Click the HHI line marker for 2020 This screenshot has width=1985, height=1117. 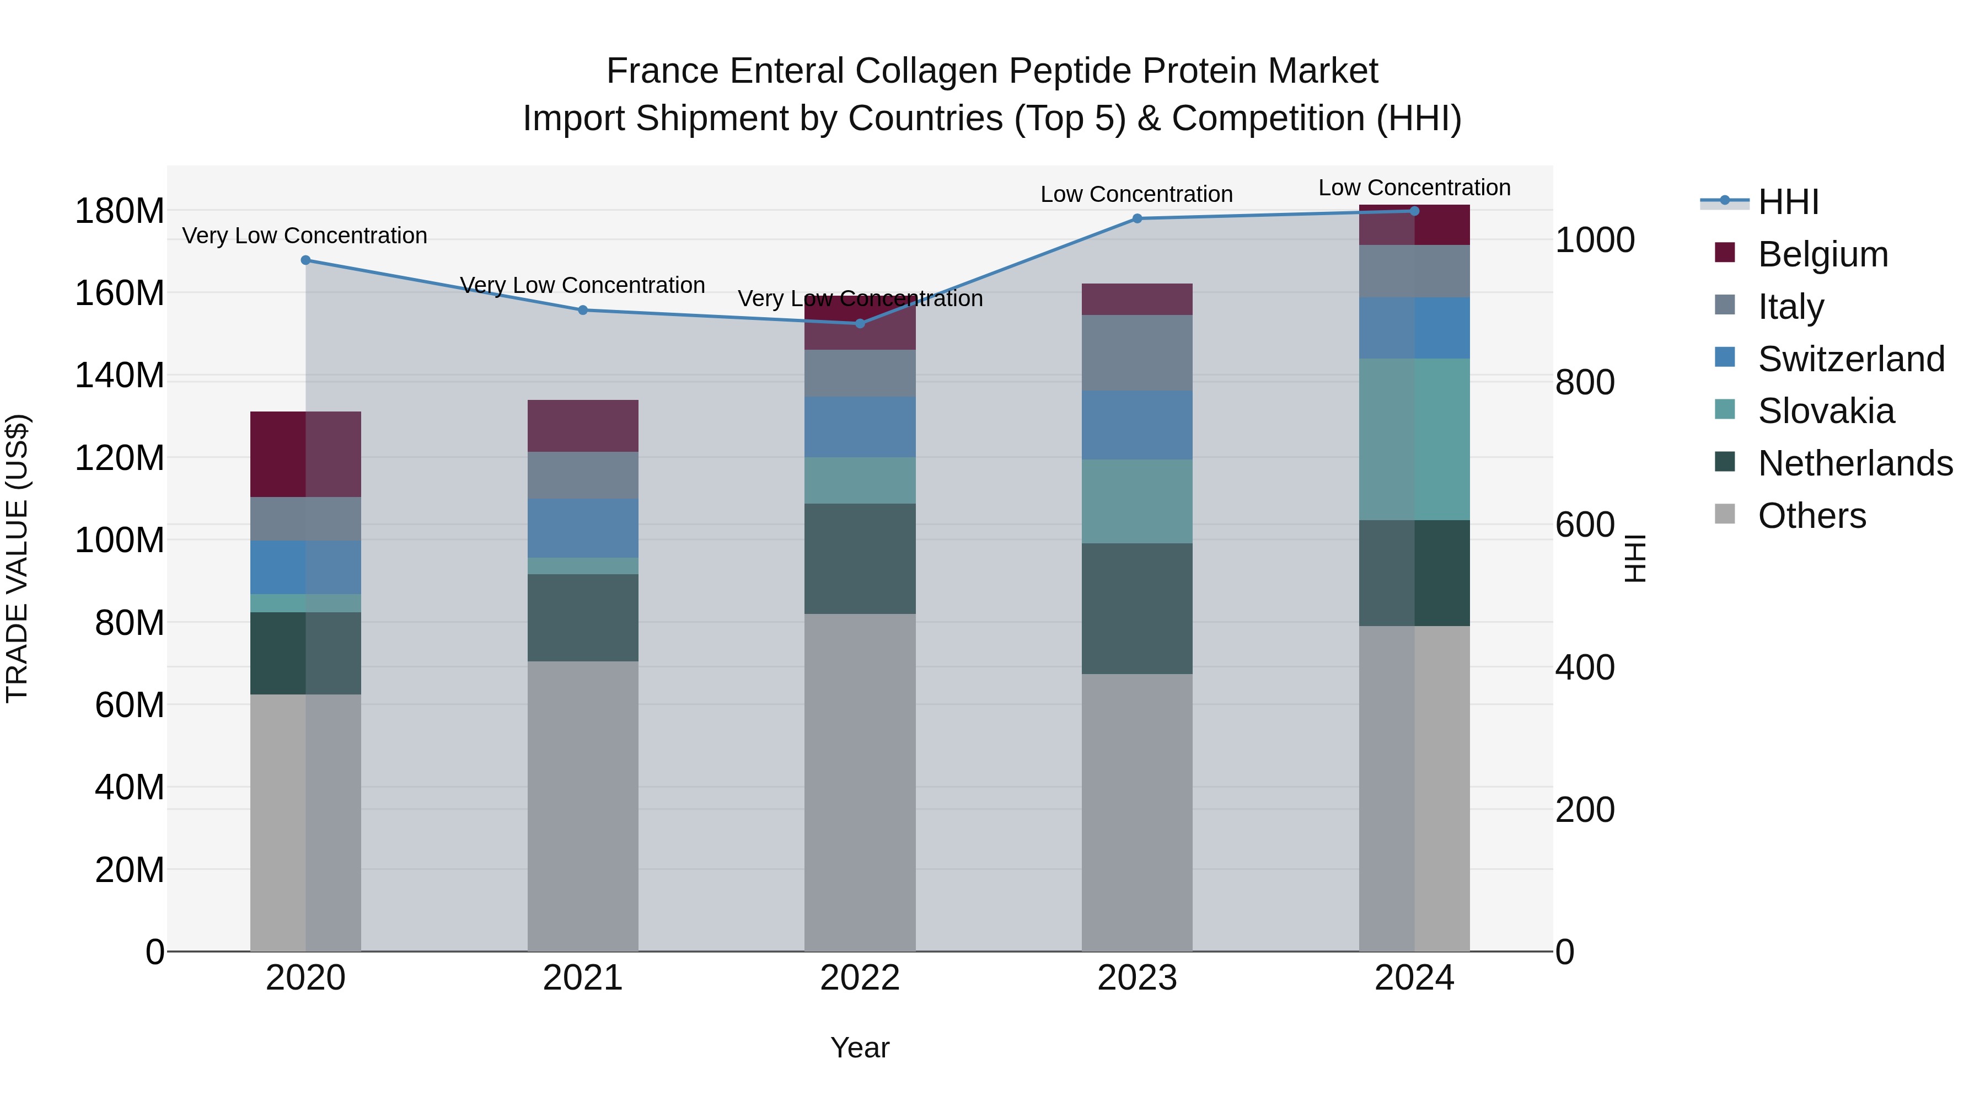(306, 260)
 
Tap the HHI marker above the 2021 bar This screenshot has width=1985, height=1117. (583, 310)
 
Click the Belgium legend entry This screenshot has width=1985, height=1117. (1822, 254)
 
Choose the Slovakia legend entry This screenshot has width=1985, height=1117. (1826, 411)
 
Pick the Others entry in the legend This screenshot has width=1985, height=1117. (1812, 516)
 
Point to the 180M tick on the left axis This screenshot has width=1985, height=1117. (120, 211)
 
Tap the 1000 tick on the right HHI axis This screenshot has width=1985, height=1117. (1594, 240)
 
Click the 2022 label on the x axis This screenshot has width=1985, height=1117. (860, 978)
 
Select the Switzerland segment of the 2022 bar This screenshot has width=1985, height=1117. (860, 427)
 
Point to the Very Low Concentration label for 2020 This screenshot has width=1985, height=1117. (304, 236)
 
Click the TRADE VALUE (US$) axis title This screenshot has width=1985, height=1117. (17, 558)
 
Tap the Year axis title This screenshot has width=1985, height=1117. (860, 1047)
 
